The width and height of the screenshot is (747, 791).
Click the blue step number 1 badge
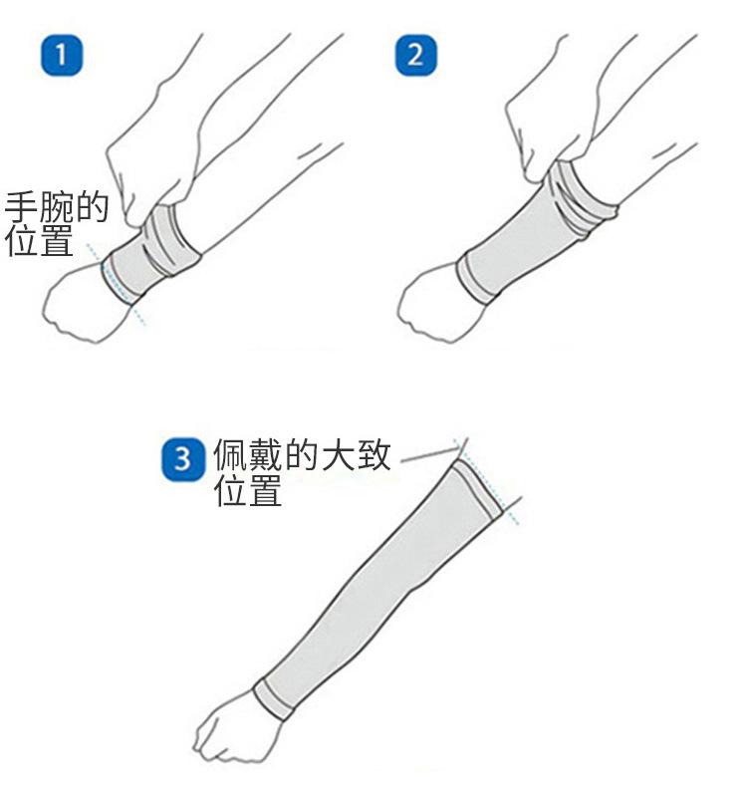(x=62, y=55)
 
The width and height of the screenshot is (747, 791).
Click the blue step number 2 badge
(x=415, y=55)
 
